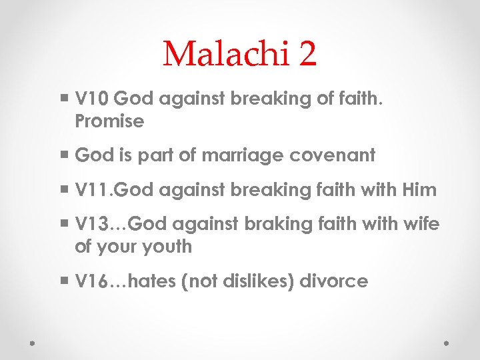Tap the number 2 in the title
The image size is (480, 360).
(x=307, y=53)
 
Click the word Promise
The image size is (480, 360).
(x=109, y=121)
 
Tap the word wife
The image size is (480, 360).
(x=422, y=225)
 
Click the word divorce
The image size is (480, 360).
(x=333, y=281)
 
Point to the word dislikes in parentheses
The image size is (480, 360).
(x=259, y=281)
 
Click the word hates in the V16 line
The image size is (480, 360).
(x=151, y=281)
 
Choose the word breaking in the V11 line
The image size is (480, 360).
(x=269, y=191)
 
